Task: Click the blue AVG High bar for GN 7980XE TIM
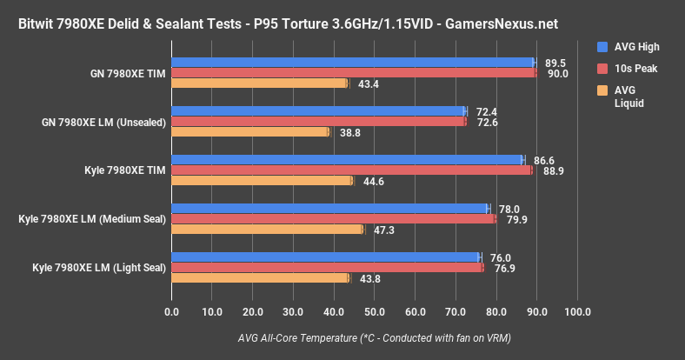(352, 63)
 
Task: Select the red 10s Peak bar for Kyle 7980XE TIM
(351, 170)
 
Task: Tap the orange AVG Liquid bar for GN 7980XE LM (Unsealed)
(250, 132)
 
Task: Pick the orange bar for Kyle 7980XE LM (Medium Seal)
(267, 230)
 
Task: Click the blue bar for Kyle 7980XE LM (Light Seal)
(325, 257)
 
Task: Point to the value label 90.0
(557, 74)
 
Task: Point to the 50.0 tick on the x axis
(375, 312)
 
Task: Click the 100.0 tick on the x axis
(577, 312)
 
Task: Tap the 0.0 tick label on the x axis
(171, 312)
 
